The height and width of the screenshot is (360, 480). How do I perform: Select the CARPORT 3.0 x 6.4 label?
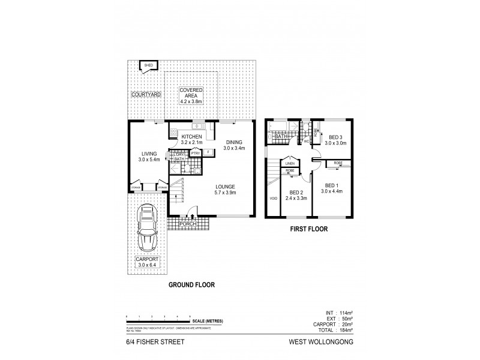click(146, 262)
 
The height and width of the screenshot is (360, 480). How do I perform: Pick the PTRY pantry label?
click(195, 153)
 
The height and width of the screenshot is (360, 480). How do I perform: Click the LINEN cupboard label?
click(290, 163)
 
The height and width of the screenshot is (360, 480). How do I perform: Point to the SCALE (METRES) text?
click(208, 322)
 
